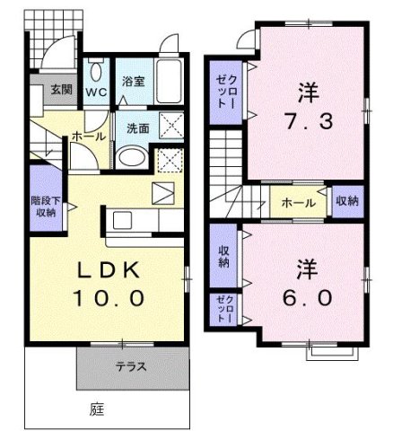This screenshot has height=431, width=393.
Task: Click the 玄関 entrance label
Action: pos(62,89)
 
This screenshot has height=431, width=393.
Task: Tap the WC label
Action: pos(98,91)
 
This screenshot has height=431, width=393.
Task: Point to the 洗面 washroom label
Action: pos(137,128)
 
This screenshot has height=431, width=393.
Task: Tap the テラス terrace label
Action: pos(130,366)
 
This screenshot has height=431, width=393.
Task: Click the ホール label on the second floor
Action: pos(298,203)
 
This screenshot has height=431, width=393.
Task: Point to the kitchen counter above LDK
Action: pos(139,221)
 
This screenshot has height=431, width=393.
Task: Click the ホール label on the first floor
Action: pos(90,136)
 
